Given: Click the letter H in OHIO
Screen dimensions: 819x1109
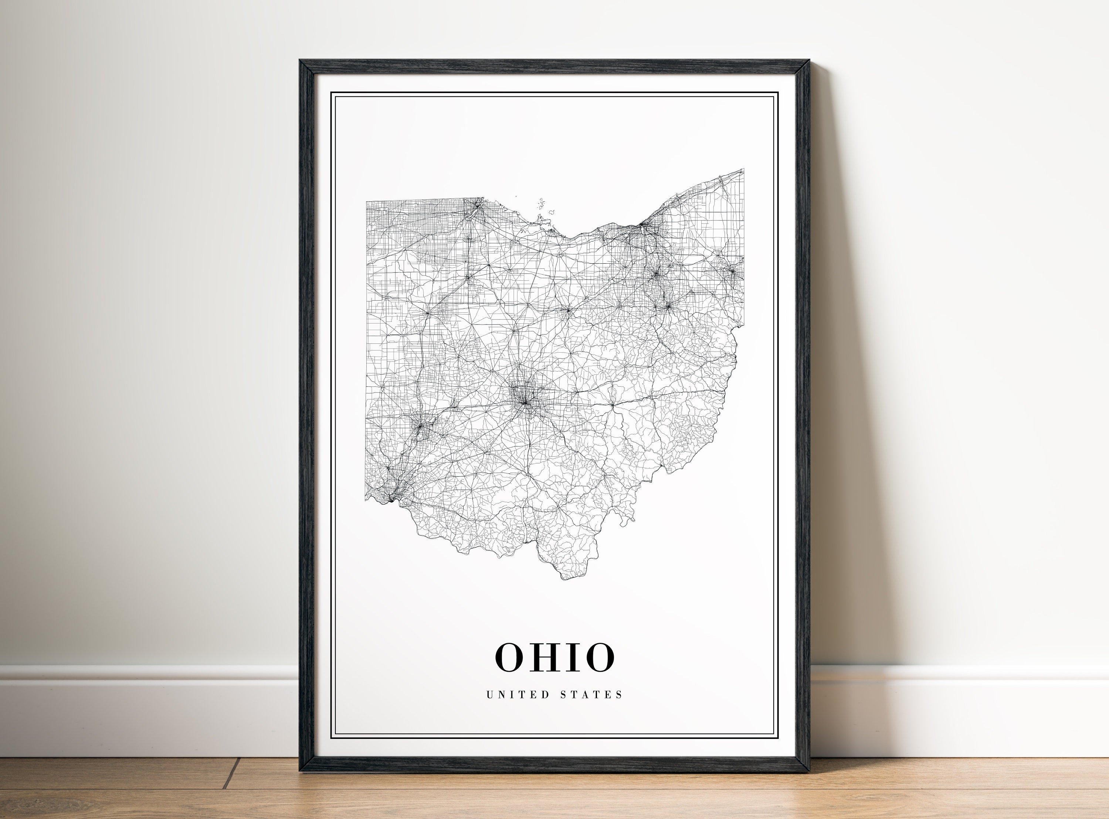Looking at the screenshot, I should [x=544, y=657].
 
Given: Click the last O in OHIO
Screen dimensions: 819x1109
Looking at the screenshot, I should [x=599, y=657].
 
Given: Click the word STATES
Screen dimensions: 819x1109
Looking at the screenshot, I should [x=591, y=695].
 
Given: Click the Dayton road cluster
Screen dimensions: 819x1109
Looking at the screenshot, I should [x=421, y=426].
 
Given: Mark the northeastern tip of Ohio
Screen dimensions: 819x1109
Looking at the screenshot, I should [x=743, y=169].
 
